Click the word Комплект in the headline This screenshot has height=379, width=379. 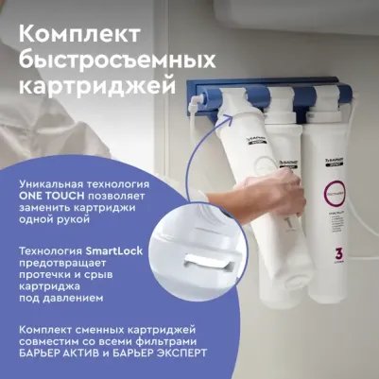[80, 31]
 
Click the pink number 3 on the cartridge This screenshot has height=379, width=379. [338, 254]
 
